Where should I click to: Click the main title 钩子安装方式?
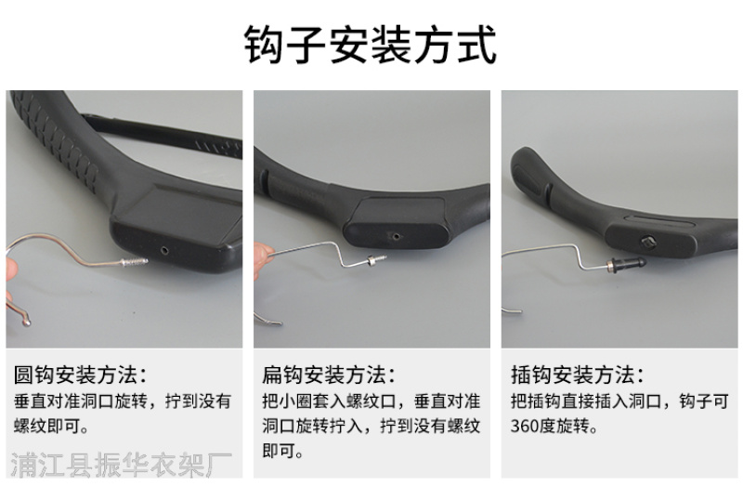point(371,44)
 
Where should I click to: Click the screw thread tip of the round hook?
point(143,260)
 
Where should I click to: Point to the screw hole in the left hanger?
point(164,250)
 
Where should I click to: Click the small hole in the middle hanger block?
point(396,236)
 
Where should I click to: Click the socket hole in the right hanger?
point(647,243)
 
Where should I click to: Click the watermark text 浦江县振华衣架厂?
point(122,465)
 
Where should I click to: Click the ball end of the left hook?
point(26,323)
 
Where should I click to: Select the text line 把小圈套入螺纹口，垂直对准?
point(371,401)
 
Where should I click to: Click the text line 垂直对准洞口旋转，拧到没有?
point(123,401)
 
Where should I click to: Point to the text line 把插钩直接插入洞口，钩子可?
point(619,401)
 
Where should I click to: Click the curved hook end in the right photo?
point(512,310)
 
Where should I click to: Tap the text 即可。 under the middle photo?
point(283,451)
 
